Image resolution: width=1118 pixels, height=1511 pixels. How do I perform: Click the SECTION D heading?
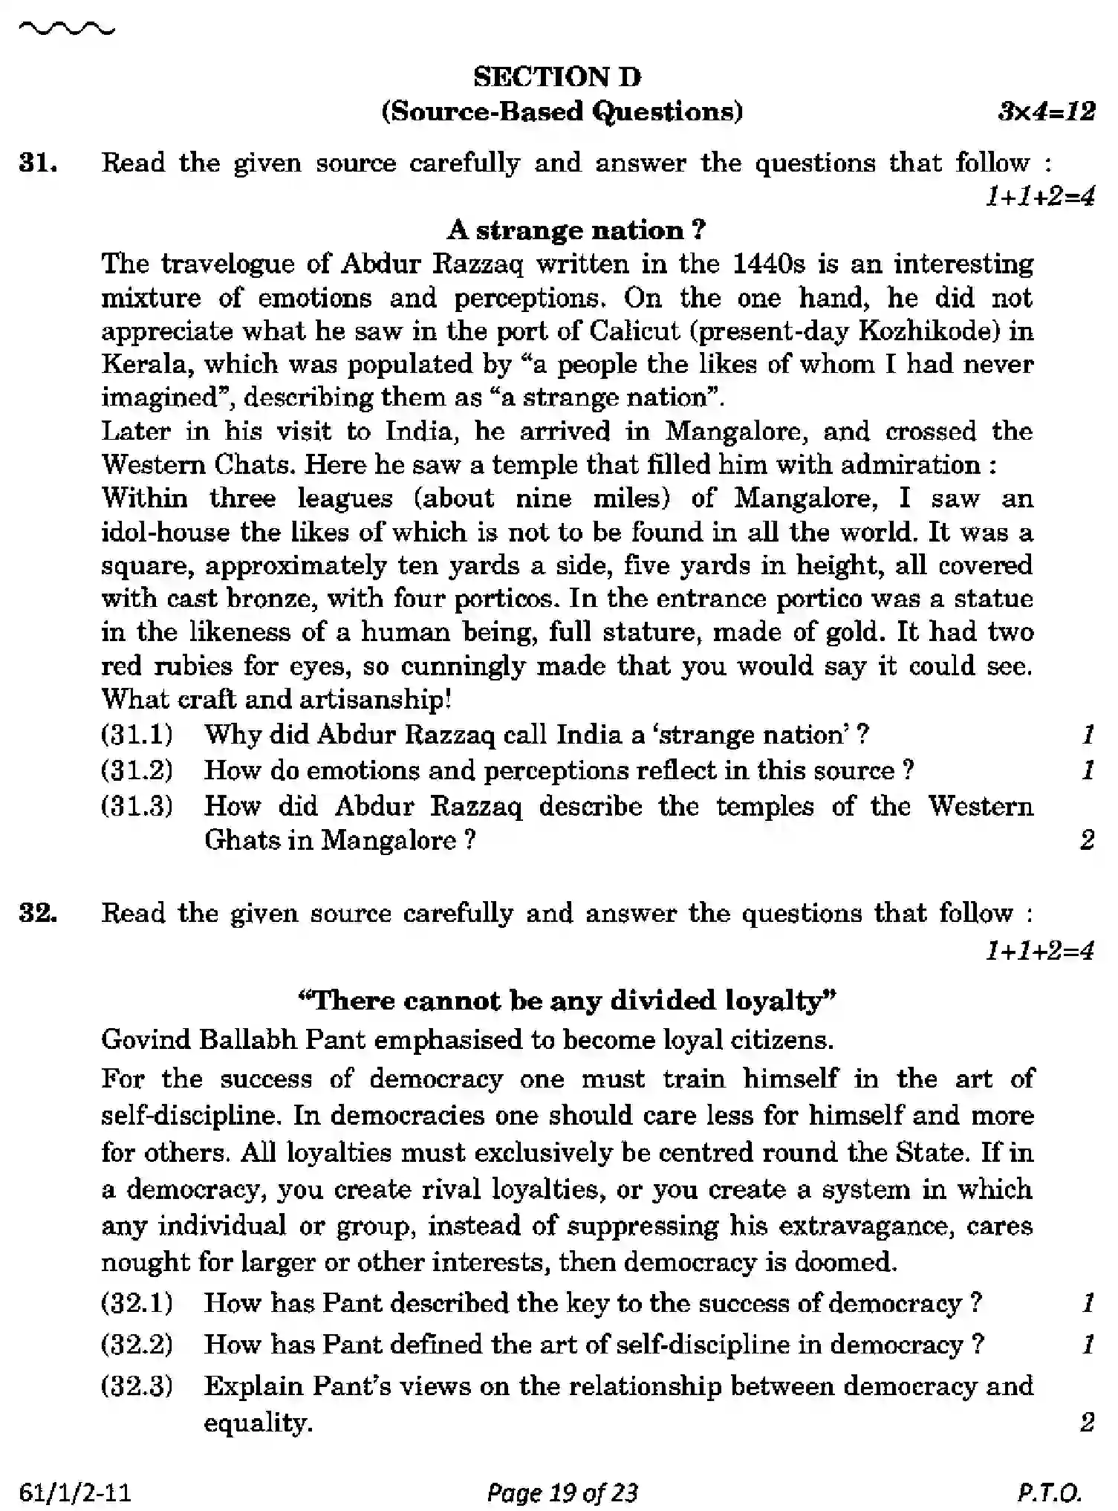pyautogui.click(x=558, y=77)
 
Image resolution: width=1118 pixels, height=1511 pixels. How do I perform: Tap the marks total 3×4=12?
pyautogui.click(x=1046, y=111)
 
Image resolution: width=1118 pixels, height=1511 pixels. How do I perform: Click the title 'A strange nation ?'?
pyautogui.click(x=576, y=230)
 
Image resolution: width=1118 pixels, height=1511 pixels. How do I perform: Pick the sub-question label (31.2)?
pyautogui.click(x=137, y=770)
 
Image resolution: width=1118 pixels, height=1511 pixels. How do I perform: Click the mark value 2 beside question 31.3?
pyautogui.click(x=1087, y=840)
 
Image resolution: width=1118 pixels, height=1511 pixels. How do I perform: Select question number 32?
pyautogui.click(x=38, y=913)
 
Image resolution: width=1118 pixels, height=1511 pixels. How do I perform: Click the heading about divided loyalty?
pyautogui.click(x=567, y=1000)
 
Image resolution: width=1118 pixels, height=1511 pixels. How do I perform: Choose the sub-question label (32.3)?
pyautogui.click(x=137, y=1386)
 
